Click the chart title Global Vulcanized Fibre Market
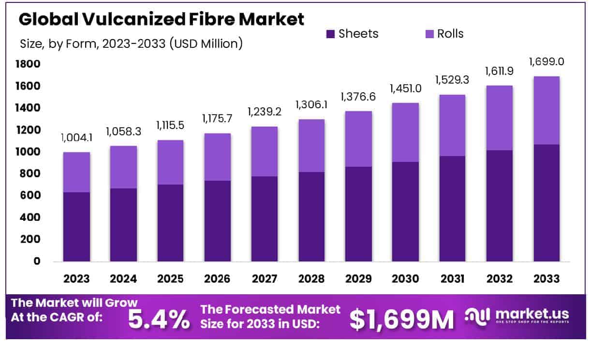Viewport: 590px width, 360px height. pyautogui.click(x=162, y=19)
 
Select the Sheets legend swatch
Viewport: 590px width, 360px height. pyautogui.click(x=331, y=34)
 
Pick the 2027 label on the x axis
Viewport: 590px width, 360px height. pyautogui.click(x=264, y=279)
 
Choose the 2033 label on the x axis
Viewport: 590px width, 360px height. pyautogui.click(x=546, y=279)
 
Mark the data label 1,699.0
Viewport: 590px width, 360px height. pyautogui.click(x=546, y=62)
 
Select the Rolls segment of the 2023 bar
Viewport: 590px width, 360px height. pyautogui.click(x=76, y=172)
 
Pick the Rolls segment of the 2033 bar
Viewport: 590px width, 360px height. pyautogui.click(x=546, y=110)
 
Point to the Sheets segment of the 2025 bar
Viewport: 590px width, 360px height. pyautogui.click(x=170, y=223)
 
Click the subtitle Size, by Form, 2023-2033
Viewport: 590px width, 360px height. pyautogui.click(x=131, y=43)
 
